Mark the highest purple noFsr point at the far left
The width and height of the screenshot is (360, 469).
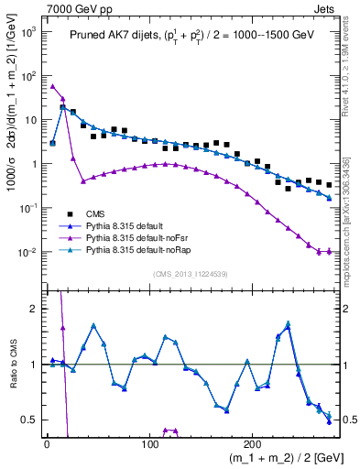(x=52, y=86)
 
